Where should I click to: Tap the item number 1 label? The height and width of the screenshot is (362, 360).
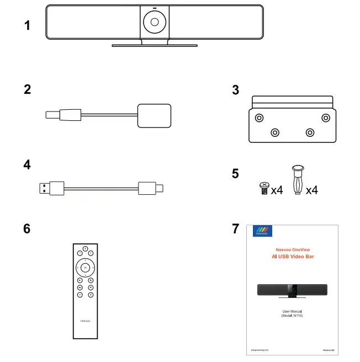coord(27,25)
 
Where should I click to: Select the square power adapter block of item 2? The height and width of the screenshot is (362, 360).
coord(153,115)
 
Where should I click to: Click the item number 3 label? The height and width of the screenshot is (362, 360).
coord(236,90)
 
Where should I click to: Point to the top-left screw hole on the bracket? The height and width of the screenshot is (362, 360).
coord(258,118)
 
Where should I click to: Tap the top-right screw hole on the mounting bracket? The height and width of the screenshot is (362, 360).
coord(326,118)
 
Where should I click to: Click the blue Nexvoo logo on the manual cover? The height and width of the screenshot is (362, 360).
coord(260,231)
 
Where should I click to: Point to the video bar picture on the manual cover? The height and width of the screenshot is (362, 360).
coord(293,289)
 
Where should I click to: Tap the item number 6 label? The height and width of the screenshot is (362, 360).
coord(27,228)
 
